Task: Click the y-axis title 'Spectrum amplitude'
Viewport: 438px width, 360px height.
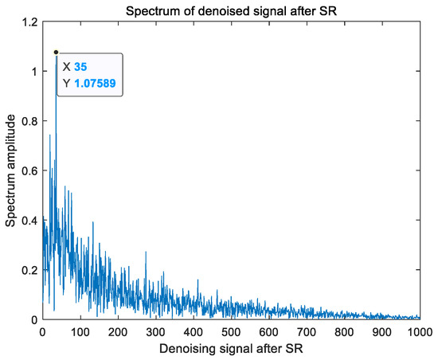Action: [x=11, y=170]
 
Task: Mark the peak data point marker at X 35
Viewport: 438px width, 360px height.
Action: [x=56, y=52]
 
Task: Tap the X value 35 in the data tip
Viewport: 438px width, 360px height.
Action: [x=81, y=66]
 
